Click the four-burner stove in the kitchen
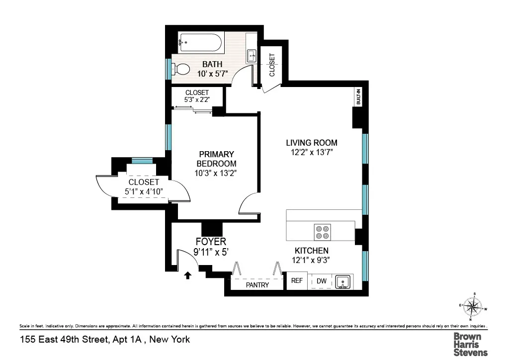[322, 232]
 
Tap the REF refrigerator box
[297, 281]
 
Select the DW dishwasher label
[322, 281]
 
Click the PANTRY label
[257, 285]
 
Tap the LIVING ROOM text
[311, 143]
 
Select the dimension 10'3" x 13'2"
[216, 173]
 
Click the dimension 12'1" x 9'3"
[311, 260]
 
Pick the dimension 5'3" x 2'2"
[197, 99]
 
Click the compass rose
[473, 308]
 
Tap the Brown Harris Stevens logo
[470, 344]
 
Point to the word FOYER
[210, 242]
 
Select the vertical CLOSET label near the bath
[272, 65]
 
